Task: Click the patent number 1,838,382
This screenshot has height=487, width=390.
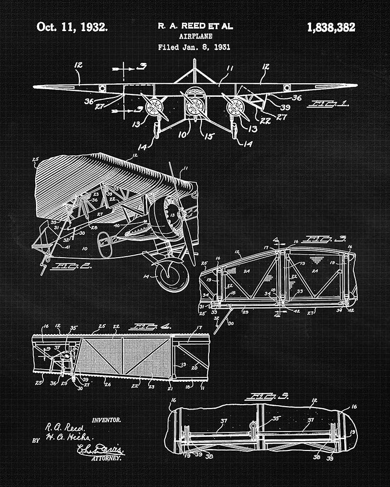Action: [331, 27]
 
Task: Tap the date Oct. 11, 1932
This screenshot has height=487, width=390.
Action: [72, 27]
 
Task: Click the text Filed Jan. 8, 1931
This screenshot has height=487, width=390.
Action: [195, 47]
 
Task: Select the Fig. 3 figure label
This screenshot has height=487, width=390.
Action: [318, 239]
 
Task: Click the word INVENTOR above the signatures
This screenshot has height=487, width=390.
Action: [106, 419]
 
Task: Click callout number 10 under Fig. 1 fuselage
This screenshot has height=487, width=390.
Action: [182, 133]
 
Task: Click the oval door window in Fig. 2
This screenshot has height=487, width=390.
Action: [104, 243]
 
